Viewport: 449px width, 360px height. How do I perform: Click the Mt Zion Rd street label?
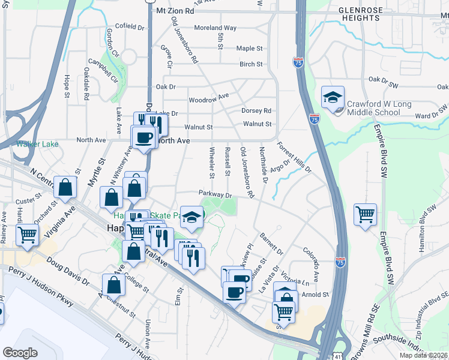[x=175, y=11]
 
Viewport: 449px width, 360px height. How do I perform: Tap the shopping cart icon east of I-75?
[x=365, y=214]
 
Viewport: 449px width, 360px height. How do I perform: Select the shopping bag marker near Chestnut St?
[x=113, y=286]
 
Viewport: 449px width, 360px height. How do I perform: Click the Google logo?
[x=20, y=352]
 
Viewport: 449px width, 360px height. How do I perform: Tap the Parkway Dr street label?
[x=215, y=195]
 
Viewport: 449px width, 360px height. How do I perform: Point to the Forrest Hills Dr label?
[x=294, y=157]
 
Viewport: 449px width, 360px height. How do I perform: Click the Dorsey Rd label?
[x=256, y=110]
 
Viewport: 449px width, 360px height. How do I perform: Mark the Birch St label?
[x=251, y=64]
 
